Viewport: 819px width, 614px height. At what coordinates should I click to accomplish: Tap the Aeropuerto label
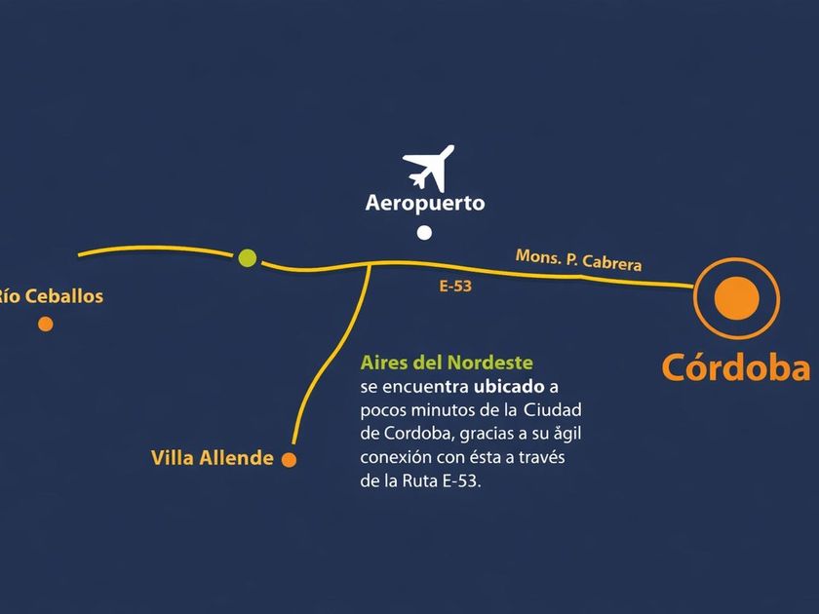coord(424,205)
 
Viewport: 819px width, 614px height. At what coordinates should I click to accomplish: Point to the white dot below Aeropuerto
coord(424,233)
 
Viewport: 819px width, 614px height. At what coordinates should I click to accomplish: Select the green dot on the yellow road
coord(248,258)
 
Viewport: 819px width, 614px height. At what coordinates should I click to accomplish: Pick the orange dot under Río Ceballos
coord(46,324)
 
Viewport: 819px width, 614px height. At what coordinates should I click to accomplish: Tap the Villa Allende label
coord(213,458)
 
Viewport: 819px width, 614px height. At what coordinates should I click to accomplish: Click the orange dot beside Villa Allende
coord(289,460)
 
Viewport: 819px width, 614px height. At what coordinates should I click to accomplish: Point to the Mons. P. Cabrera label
coord(578,260)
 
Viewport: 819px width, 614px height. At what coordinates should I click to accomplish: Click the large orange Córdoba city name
coord(736,368)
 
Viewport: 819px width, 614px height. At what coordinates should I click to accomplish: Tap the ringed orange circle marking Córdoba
coord(736,298)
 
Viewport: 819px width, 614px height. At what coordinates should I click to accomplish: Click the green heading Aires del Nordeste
coord(447,364)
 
